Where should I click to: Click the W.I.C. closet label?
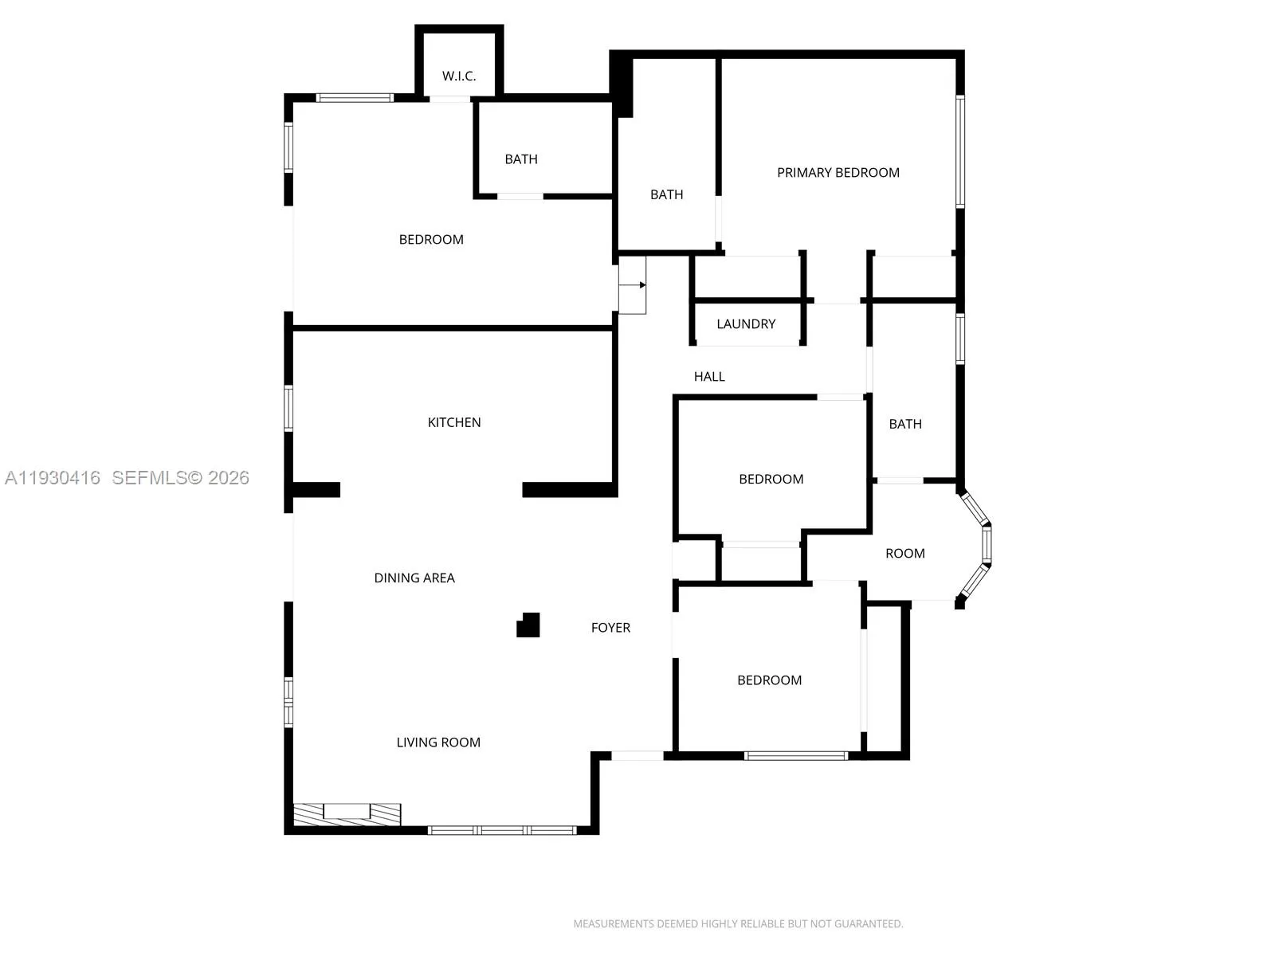click(x=459, y=76)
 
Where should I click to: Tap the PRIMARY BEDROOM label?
click(x=838, y=173)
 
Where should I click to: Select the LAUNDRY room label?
click(x=745, y=324)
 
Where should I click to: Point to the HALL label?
click(x=709, y=377)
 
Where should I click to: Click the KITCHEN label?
click(x=454, y=423)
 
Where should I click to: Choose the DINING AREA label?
click(x=414, y=578)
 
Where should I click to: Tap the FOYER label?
click(x=610, y=628)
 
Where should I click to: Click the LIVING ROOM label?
click(x=438, y=742)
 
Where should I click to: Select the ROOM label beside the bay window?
click(x=905, y=554)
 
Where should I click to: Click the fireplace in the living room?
click(x=347, y=814)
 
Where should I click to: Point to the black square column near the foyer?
click(x=528, y=625)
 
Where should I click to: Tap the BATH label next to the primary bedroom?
click(x=666, y=195)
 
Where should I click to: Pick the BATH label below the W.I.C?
click(x=521, y=159)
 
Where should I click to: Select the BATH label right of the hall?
click(x=905, y=425)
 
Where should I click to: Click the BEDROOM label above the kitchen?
click(x=431, y=240)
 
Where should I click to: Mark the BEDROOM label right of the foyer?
click(x=769, y=680)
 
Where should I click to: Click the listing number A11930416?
click(x=53, y=478)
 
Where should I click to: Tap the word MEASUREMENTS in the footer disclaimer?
click(x=613, y=924)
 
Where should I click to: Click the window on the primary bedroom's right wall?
click(x=960, y=151)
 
